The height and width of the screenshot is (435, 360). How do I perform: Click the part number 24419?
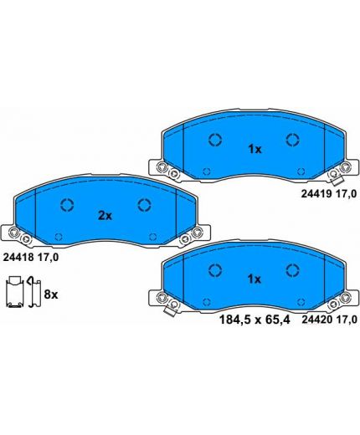316,194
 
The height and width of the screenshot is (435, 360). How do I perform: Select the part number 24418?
18,257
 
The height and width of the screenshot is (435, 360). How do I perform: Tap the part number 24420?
316,320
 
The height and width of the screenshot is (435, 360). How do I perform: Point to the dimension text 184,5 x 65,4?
255,320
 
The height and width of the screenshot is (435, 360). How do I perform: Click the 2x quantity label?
105,215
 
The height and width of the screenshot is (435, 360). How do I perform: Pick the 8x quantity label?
51,294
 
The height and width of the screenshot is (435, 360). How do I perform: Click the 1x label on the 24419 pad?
255,150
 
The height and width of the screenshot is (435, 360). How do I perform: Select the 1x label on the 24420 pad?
255,279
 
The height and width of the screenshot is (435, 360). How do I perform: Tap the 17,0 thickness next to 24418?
48,257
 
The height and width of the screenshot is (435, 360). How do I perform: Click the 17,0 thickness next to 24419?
346,194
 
